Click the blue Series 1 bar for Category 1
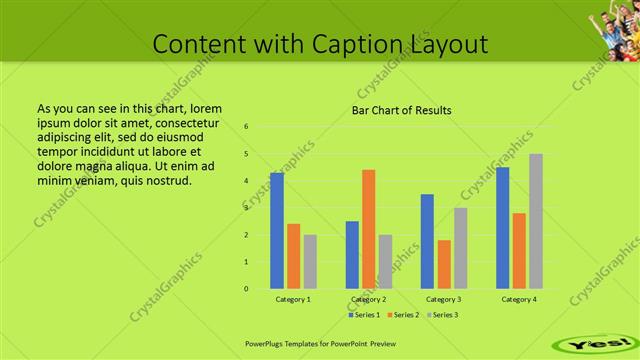tap(276, 231)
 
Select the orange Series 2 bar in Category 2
tap(368, 229)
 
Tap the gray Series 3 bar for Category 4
tap(536, 221)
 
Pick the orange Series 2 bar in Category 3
tap(444, 264)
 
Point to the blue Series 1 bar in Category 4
tap(502, 228)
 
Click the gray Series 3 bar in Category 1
tap(310, 262)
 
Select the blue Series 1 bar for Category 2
tap(352, 255)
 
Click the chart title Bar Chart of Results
tap(402, 110)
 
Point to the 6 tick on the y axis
tap(246, 127)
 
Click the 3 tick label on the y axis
tap(246, 208)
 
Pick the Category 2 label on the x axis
tap(368, 299)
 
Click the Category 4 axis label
tap(519, 299)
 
